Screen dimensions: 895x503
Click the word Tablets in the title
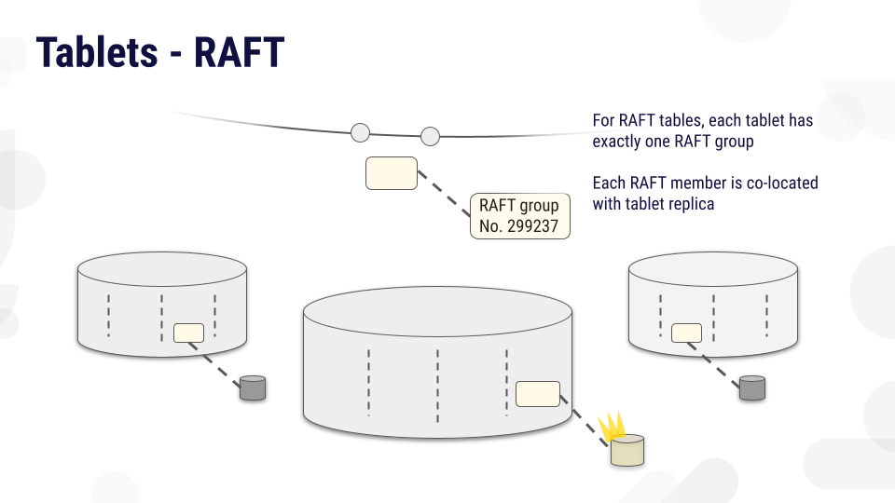click(97, 52)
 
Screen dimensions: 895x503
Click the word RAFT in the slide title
click(240, 52)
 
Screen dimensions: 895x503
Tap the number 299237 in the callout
click(532, 225)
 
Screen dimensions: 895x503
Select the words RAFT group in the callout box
click(519, 205)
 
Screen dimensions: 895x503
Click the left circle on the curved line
click(360, 132)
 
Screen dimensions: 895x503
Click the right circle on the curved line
click(430, 136)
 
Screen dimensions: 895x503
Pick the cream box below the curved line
click(392, 173)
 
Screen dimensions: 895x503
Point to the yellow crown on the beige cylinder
click(612, 427)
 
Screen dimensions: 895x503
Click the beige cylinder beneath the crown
click(627, 451)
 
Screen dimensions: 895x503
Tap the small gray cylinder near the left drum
click(253, 387)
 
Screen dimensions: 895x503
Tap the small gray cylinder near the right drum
click(752, 387)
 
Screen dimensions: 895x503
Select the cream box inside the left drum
click(188, 333)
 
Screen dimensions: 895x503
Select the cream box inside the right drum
click(686, 333)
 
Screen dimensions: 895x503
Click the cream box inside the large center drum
click(538, 394)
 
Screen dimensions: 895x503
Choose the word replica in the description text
click(693, 204)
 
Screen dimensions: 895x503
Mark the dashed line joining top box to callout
click(444, 194)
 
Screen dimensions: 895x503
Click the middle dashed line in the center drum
click(438, 386)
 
